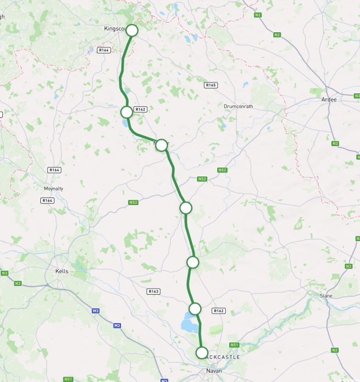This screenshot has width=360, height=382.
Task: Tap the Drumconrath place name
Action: point(238,106)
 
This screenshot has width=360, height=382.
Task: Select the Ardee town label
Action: point(329,99)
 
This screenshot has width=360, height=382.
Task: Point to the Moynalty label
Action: point(53,189)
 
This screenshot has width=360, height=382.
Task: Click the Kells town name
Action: point(62,271)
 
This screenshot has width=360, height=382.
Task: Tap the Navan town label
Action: point(214,371)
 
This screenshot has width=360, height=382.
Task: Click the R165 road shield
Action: point(211,85)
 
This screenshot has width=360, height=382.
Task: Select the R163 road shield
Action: point(154,291)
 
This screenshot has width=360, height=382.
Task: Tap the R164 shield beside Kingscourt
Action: point(104,50)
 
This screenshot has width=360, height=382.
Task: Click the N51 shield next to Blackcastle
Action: point(235,345)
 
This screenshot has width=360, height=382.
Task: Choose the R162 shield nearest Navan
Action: point(219,311)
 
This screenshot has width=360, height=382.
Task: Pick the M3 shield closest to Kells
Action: point(95,311)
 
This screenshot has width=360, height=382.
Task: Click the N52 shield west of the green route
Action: point(134,202)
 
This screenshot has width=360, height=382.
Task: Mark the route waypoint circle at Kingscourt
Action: point(132,31)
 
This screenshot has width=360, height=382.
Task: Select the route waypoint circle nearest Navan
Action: point(202,353)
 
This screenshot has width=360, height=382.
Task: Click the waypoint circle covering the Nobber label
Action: point(161,145)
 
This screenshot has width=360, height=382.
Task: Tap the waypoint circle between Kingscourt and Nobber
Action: point(127,112)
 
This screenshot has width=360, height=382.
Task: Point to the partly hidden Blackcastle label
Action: point(224,357)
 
